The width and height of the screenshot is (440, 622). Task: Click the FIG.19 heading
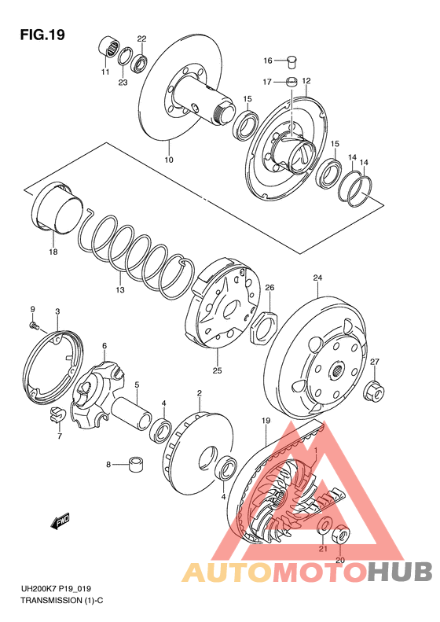pyautogui.click(x=42, y=35)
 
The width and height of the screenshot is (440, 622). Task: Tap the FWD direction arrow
pyautogui.click(x=60, y=521)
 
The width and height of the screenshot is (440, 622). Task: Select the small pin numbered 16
pyautogui.click(x=291, y=61)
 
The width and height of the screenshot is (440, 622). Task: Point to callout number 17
pyautogui.click(x=267, y=82)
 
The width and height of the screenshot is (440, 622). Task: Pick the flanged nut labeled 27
pyautogui.click(x=374, y=390)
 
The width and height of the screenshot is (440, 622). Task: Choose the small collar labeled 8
pyautogui.click(x=137, y=464)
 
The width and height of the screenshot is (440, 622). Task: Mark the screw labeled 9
pyautogui.click(x=35, y=326)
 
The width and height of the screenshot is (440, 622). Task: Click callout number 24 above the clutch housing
pyautogui.click(x=317, y=278)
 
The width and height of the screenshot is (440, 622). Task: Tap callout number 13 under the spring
pyautogui.click(x=120, y=290)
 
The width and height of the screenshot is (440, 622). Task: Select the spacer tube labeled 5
pyautogui.click(x=131, y=410)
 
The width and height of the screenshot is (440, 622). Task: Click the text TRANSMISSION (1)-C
pyautogui.click(x=62, y=601)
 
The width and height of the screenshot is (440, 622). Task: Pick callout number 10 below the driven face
pyautogui.click(x=169, y=160)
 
